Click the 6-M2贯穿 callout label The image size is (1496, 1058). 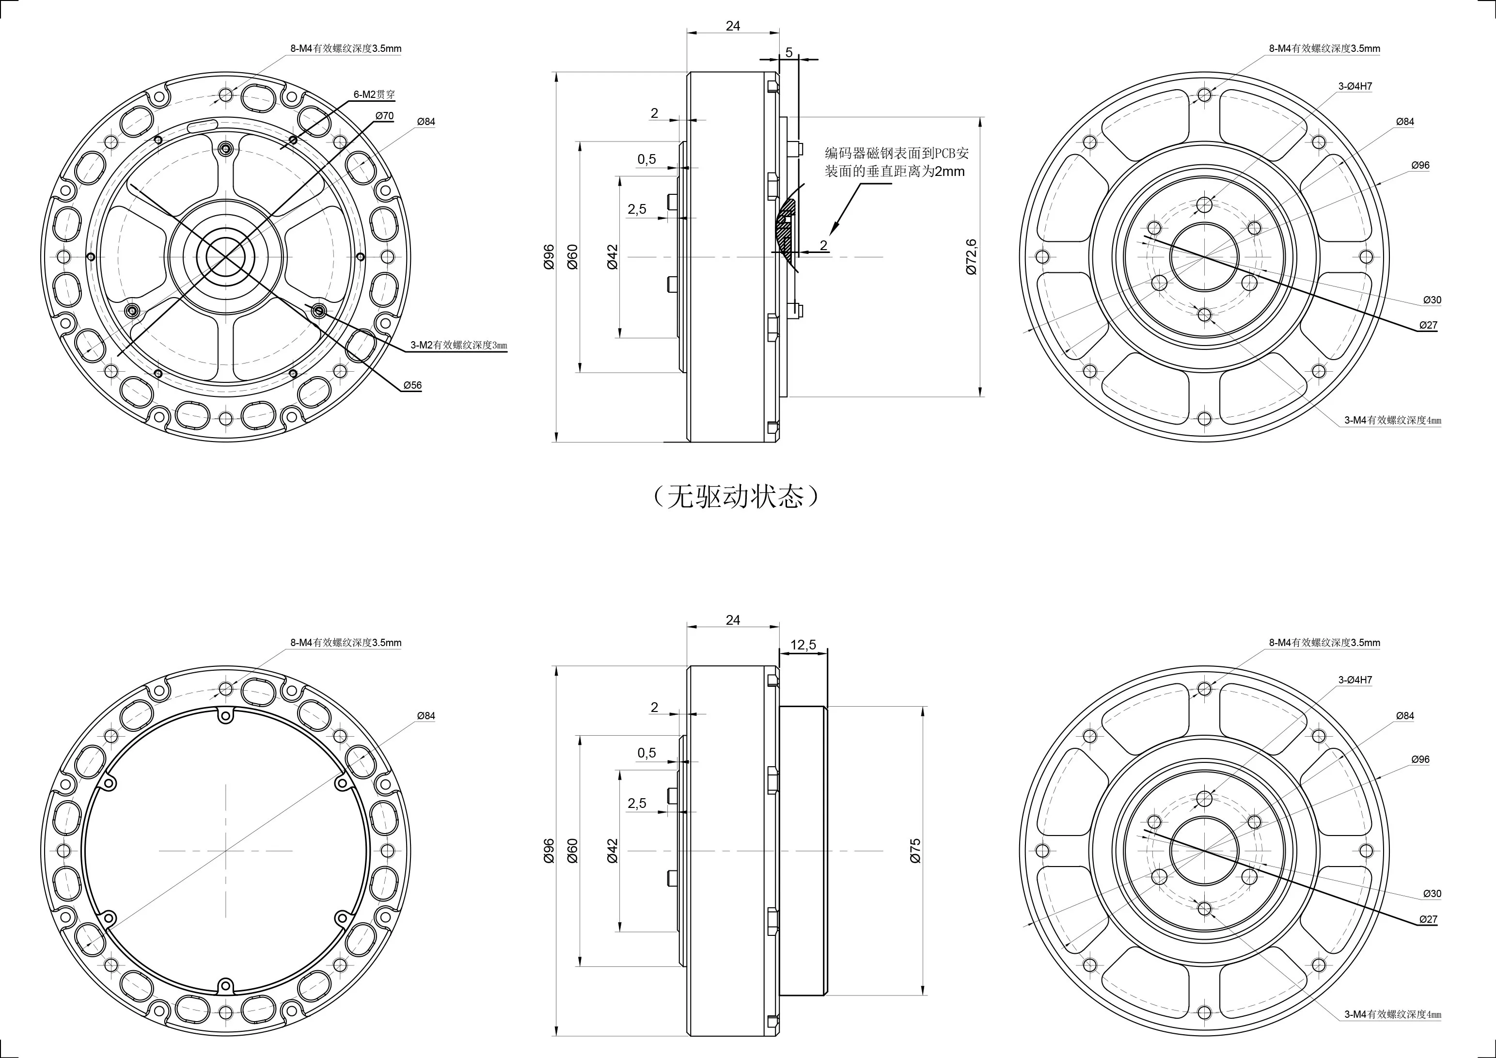[x=374, y=95]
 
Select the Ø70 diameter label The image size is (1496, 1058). [x=384, y=116]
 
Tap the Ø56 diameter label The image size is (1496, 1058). [x=412, y=385]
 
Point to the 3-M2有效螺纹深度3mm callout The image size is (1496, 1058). [x=458, y=345]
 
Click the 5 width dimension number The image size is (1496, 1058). [x=789, y=53]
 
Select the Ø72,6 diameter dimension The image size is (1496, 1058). [x=972, y=257]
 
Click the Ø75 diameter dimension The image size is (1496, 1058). [x=915, y=851]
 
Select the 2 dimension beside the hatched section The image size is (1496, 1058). [x=823, y=246]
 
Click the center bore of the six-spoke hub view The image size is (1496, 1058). [x=225, y=257]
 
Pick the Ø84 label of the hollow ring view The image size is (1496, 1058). [x=425, y=716]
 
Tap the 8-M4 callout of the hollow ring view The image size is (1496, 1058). [x=346, y=642]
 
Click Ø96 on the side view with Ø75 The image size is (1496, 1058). [x=549, y=851]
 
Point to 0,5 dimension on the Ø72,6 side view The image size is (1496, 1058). [x=646, y=159]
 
